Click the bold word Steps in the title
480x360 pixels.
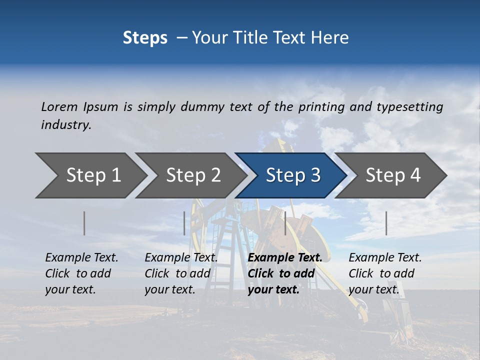(145, 37)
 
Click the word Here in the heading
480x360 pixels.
(330, 37)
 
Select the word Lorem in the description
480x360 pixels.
(59, 106)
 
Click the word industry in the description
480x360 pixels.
(65, 125)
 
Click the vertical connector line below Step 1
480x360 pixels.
(84, 223)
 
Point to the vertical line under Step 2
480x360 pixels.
(184, 223)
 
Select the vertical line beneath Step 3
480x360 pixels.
(285, 223)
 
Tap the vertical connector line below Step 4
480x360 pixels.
(386, 223)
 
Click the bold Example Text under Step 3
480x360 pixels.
(285, 258)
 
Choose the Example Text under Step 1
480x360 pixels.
(81, 258)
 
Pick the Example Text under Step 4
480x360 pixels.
(385, 258)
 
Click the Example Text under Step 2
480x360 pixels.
(181, 258)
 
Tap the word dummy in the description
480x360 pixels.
(203, 106)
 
